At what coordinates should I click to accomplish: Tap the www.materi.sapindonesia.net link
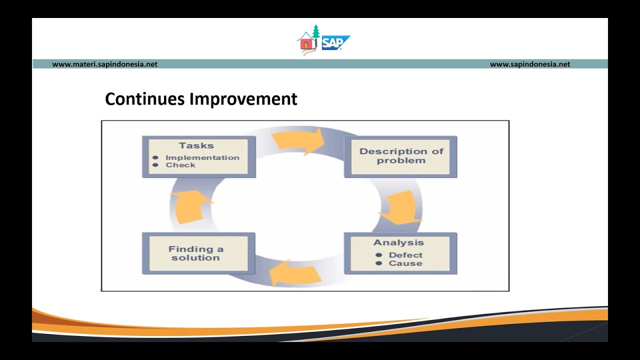pos(104,64)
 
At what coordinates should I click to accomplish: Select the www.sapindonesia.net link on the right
pos(529,64)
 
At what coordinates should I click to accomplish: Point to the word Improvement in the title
pos(243,99)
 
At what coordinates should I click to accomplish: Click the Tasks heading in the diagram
pos(196,145)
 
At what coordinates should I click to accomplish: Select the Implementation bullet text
pos(202,157)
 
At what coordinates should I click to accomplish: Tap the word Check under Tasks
pos(180,165)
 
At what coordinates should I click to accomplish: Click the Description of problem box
pos(401,156)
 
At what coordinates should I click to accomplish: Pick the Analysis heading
pos(398,242)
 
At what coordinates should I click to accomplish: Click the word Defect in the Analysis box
pos(405,255)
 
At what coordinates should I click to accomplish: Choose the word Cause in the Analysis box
pos(405,263)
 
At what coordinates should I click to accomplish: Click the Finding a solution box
pos(196,253)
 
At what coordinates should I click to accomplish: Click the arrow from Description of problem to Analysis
pos(400,207)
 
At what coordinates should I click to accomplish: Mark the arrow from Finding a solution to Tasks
pos(192,205)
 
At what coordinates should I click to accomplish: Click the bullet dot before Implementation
pos(155,157)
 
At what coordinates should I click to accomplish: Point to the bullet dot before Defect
pos(378,255)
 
